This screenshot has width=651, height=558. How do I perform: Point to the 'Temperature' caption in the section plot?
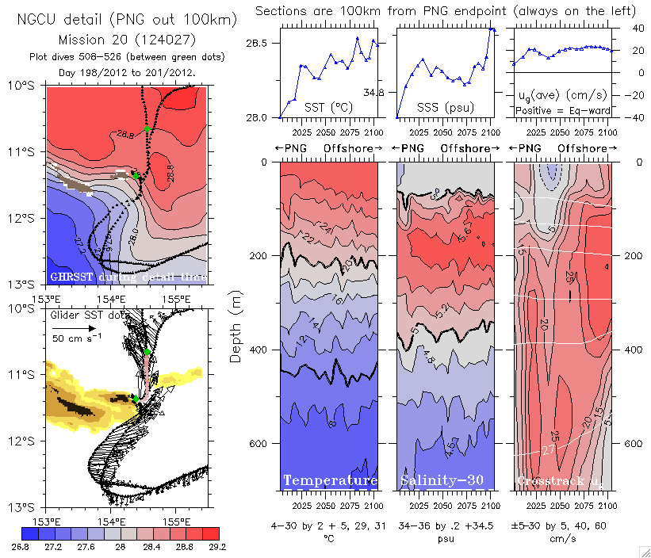[x=330, y=481]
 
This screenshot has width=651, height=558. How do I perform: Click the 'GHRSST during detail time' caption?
[x=128, y=277]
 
